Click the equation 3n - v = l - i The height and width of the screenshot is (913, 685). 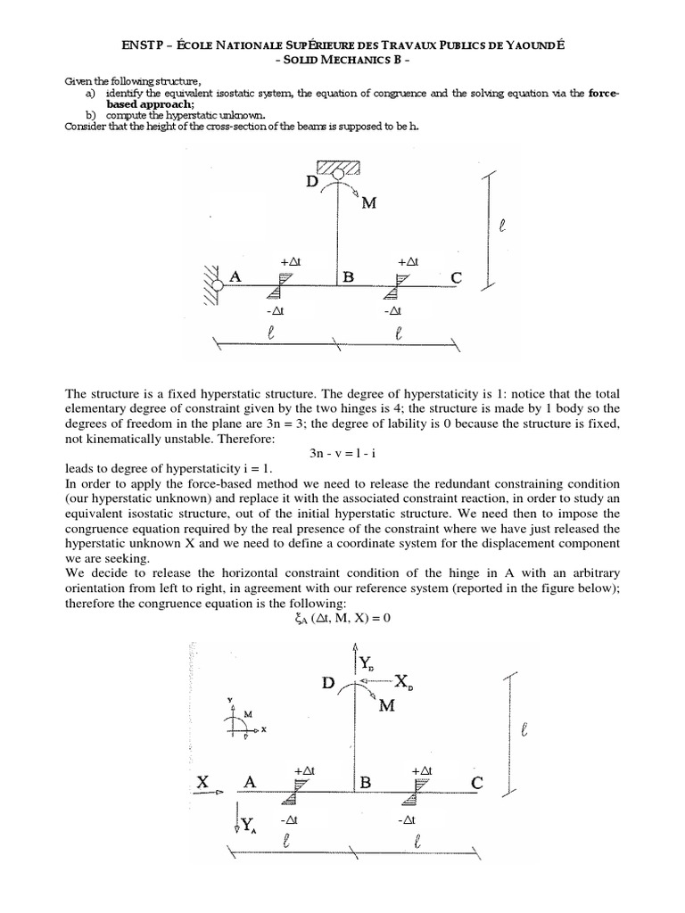[342, 454]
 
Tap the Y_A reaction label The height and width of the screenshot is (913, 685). [247, 826]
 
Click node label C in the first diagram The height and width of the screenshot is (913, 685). [457, 278]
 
